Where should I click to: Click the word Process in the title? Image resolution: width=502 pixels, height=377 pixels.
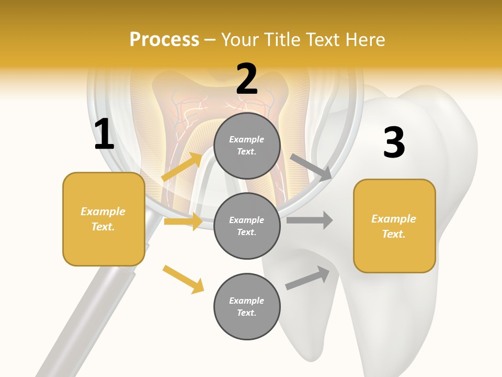[x=164, y=40]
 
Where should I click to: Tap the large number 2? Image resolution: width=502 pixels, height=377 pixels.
[x=247, y=80]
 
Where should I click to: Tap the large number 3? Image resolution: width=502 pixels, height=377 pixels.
[x=394, y=143]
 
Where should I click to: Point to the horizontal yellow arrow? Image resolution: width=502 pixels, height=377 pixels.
[x=183, y=221]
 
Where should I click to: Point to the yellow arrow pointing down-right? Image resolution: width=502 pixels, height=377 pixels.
[x=183, y=279]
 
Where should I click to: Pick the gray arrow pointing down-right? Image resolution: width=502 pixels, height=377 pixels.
[x=311, y=168]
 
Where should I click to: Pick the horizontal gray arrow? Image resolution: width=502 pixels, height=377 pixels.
[x=310, y=220]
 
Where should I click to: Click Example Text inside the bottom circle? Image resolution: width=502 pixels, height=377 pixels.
[x=247, y=306]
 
